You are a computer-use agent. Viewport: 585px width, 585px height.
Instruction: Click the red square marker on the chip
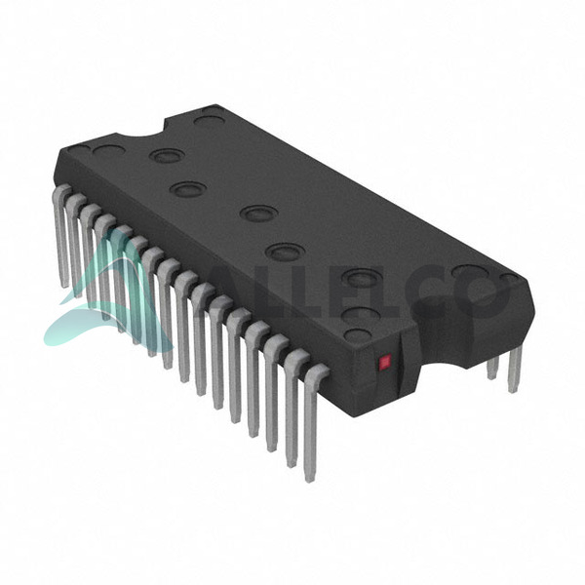pos(385,362)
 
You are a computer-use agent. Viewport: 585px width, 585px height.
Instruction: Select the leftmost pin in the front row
pos(61,235)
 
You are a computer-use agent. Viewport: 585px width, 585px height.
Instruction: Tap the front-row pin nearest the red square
pos(313,421)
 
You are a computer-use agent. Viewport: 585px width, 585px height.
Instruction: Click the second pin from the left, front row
pos(75,245)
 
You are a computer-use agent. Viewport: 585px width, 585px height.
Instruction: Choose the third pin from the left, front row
pos(89,255)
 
